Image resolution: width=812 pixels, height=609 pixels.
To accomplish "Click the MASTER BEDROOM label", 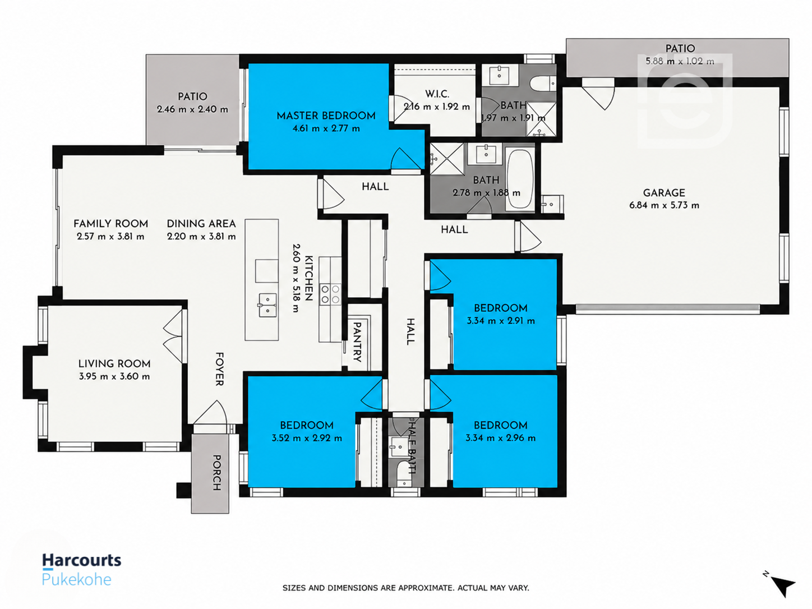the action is (326, 116).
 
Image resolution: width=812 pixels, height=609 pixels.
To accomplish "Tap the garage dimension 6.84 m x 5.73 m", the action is (664, 205).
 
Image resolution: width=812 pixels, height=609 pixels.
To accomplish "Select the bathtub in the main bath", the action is (520, 179).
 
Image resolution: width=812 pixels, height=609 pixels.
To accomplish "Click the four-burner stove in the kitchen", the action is (330, 294).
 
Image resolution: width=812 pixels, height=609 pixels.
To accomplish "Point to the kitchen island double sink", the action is (267, 305).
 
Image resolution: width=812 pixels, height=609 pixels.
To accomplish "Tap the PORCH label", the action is (216, 473).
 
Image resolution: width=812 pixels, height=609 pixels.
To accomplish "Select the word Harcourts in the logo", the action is (82, 561).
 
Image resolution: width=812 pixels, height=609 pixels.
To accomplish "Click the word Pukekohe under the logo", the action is (77, 579).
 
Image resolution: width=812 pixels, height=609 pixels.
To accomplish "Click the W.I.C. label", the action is (437, 94).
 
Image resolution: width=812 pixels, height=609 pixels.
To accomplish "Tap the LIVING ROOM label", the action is (114, 363).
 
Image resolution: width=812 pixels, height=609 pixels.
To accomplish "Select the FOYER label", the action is (219, 369).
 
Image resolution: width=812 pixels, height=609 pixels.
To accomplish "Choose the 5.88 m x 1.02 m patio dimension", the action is (680, 61).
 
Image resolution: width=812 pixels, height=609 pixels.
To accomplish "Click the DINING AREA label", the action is (201, 224).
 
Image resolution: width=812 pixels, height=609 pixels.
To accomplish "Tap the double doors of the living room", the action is (173, 336).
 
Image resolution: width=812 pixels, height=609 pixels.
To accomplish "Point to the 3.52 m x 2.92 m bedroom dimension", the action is (307, 438).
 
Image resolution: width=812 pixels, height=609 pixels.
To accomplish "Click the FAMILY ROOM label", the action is (110, 224).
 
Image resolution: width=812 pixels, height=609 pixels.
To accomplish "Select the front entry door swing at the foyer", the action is (210, 412).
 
